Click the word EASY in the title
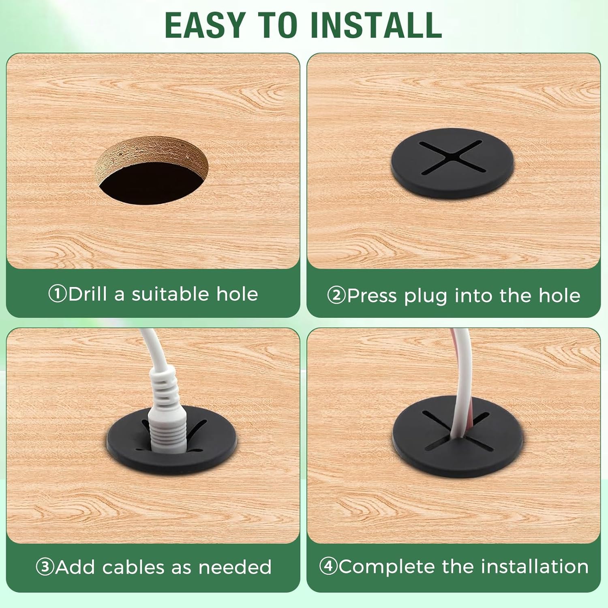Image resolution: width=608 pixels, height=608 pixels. point(205,25)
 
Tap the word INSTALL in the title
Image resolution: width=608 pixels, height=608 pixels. point(376,25)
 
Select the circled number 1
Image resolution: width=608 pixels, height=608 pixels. point(57,294)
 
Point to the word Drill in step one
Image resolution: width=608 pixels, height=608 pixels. point(88,293)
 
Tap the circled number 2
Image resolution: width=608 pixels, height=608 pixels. point(336,295)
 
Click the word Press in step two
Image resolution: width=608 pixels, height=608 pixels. point(372,295)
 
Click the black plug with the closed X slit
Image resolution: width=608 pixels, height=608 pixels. point(452,163)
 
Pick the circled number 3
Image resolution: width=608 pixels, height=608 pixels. point(45,567)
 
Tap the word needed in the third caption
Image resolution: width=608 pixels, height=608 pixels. point(235,567)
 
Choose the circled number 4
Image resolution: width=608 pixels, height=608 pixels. point(328,566)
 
